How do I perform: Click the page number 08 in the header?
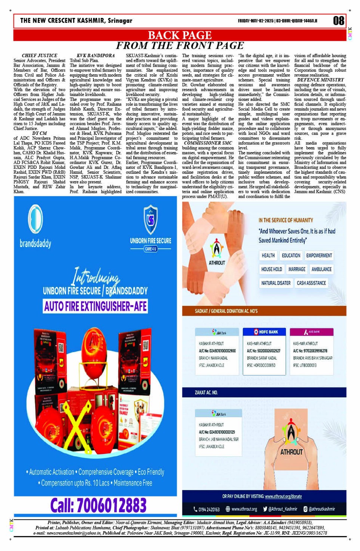(x=338, y=21)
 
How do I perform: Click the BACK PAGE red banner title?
(x=179, y=35)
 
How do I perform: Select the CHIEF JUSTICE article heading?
(x=40, y=56)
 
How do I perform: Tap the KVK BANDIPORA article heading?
(x=96, y=56)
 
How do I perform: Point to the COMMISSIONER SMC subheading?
(x=208, y=143)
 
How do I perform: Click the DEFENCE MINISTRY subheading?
(x=320, y=80)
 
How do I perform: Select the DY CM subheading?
(x=40, y=133)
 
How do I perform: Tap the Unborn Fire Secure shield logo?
(x=150, y=220)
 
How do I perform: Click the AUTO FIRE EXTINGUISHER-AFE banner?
(x=95, y=306)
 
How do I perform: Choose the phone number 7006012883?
(x=98, y=506)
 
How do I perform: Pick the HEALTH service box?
(x=268, y=255)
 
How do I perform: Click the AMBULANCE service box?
(x=322, y=269)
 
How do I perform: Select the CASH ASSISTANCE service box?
(x=311, y=283)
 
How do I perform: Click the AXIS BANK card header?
(x=312, y=332)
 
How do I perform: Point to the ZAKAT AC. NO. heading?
(x=206, y=392)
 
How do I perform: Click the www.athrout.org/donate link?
(x=283, y=497)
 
